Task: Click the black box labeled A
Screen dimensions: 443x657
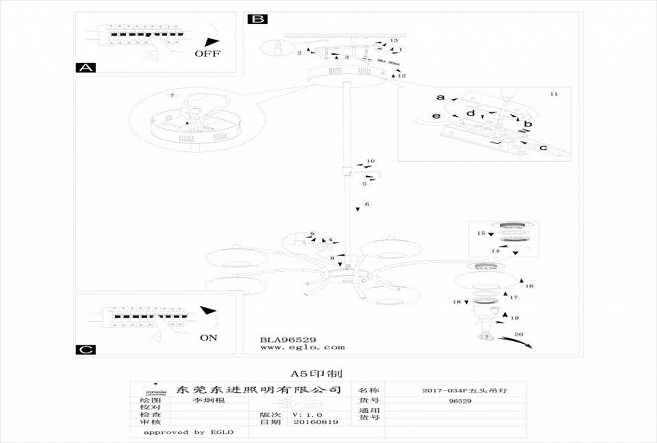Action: click(x=85, y=67)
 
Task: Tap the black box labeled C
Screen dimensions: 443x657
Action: click(x=85, y=349)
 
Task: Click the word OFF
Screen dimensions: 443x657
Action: click(x=207, y=53)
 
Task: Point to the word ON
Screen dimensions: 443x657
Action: click(x=209, y=338)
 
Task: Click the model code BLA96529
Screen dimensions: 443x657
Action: click(x=287, y=338)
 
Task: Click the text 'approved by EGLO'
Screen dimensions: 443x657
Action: click(x=189, y=432)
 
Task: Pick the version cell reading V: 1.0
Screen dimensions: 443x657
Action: click(x=305, y=414)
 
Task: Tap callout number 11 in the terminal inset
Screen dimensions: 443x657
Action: click(x=554, y=92)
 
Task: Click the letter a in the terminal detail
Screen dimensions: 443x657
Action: click(x=441, y=97)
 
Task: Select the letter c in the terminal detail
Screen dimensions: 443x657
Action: click(x=543, y=147)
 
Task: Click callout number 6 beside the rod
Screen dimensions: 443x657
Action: click(x=367, y=204)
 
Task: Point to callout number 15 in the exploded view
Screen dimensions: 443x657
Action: click(x=480, y=233)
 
